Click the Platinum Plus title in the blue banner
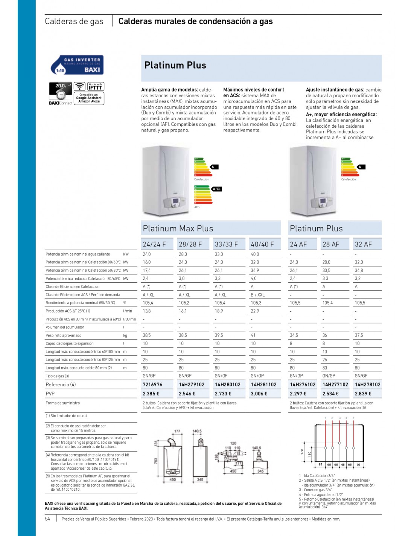(175, 66)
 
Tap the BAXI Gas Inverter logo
(77, 65)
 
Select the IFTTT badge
(95, 86)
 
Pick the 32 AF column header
(363, 244)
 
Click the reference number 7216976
(152, 384)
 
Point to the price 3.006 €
(259, 394)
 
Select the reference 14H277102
(335, 384)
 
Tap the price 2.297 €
(298, 394)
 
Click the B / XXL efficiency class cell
(258, 295)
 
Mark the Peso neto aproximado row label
(63, 335)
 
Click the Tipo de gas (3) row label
(57, 376)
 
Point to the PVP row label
(50, 394)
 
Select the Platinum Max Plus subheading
(178, 228)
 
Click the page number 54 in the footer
(47, 519)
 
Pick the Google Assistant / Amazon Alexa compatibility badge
(89, 98)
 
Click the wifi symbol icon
(79, 86)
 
